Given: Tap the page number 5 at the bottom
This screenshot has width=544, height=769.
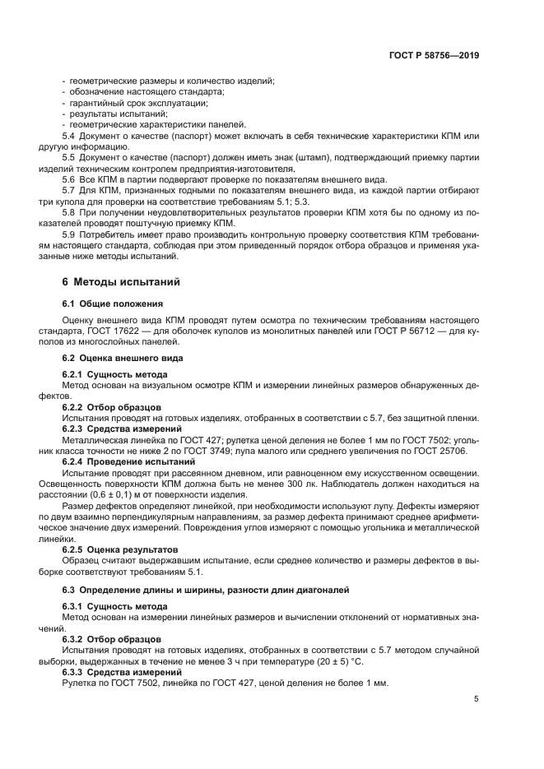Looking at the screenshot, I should (x=476, y=699).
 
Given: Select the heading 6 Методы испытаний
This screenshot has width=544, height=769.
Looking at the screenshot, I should (x=116, y=281).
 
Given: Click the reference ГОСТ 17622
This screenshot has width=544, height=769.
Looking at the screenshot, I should (x=118, y=331).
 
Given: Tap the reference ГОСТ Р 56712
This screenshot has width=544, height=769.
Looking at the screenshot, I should (x=416, y=331).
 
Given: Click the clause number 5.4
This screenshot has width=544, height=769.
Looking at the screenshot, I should (x=69, y=135).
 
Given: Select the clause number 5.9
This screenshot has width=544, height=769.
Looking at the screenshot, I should (x=69, y=234).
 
